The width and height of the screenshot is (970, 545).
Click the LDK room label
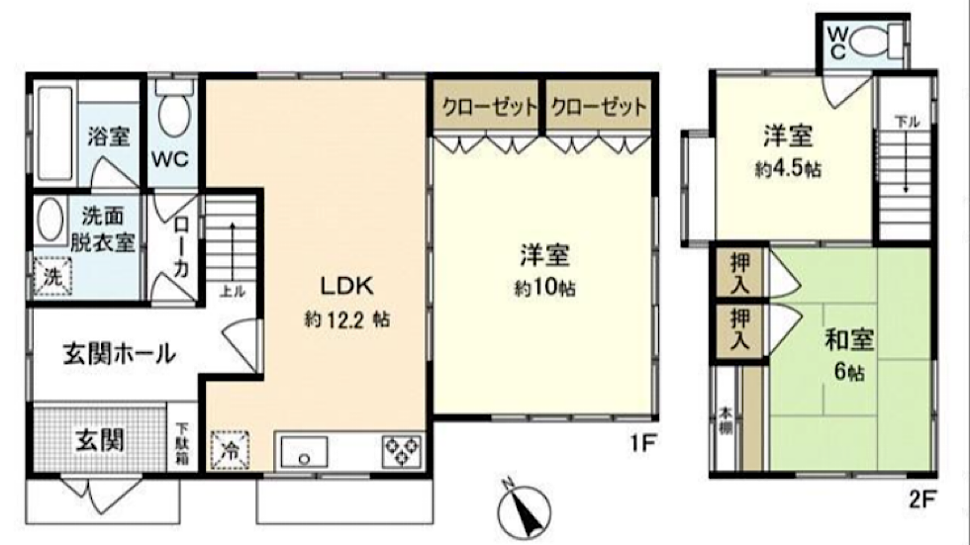[x=346, y=286]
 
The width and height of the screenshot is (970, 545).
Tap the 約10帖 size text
[x=544, y=289]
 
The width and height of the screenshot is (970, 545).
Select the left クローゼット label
[x=489, y=108]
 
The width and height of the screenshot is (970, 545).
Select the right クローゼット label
[x=598, y=108]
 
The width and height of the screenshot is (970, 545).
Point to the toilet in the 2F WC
[x=876, y=42]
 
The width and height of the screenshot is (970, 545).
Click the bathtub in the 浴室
[x=54, y=133]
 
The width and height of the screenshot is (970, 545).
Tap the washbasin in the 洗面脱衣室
[x=50, y=221]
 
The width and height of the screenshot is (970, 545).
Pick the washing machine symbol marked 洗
[x=52, y=276]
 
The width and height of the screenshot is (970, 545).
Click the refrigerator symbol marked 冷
[x=230, y=450]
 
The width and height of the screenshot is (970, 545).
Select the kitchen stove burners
[x=402, y=451]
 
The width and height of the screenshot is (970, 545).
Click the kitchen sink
[x=305, y=452]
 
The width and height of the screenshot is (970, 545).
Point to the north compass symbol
[x=524, y=510]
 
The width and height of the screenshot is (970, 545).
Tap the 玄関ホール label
[x=120, y=353]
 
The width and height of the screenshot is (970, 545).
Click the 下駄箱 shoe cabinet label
[x=183, y=444]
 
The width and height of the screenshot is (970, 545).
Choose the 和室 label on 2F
[x=849, y=340]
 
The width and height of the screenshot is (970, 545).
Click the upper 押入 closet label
[x=740, y=273]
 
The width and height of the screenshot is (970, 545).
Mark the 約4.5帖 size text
[x=788, y=169]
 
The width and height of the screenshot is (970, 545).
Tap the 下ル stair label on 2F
[x=907, y=122]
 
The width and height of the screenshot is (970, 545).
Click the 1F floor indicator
[x=643, y=442]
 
